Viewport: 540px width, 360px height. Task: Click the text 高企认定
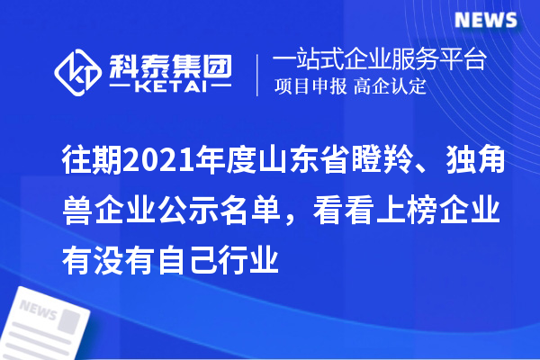click(x=390, y=88)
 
